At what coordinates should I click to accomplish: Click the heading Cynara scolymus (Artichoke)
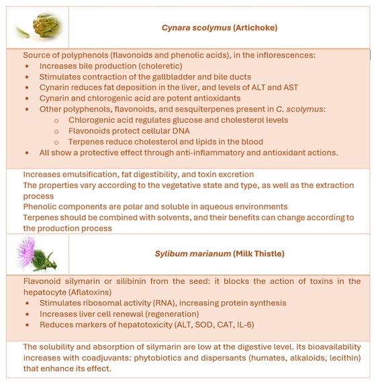pos(220,28)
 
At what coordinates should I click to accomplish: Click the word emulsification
pos(90,174)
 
